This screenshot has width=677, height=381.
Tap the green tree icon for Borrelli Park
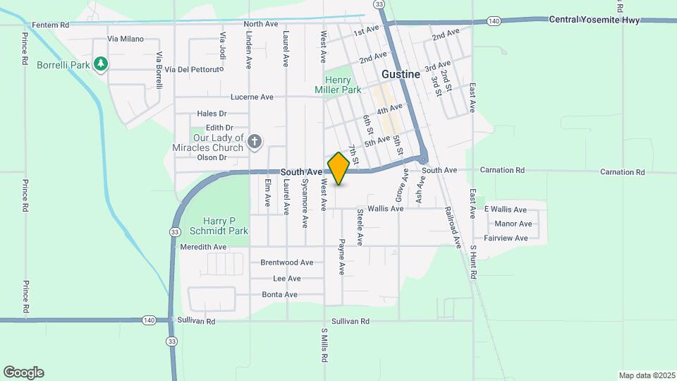coord(102,64)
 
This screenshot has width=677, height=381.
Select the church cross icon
coord(255,143)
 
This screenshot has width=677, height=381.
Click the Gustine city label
coord(401,74)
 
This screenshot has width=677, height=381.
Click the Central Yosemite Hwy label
coord(594,20)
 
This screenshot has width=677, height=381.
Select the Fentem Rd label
coord(51,25)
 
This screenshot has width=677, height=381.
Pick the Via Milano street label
coord(126,39)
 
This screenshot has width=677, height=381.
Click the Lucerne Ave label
coord(252,97)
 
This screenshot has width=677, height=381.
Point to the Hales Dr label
coord(212,114)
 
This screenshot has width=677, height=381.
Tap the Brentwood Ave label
coord(286,262)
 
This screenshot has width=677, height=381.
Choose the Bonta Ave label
coord(279,294)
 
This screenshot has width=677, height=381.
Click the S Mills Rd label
coord(325,345)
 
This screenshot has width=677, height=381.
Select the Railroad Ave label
coord(452,227)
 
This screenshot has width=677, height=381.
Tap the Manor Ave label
coord(513,224)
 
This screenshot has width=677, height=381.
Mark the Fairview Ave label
coord(506,238)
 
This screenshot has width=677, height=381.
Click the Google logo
coord(23,373)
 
